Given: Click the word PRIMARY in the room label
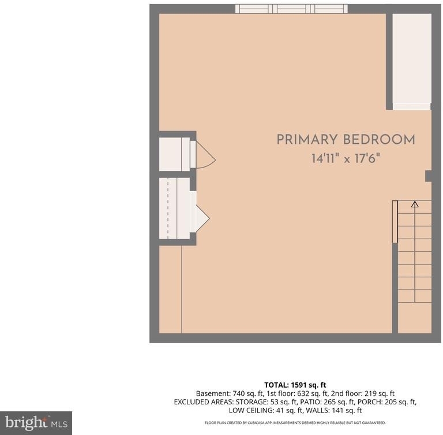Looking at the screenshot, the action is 307,140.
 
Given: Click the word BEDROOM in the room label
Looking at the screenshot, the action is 379,140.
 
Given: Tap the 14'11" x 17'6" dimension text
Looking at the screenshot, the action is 346,158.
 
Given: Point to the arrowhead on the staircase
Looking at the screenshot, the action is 415,204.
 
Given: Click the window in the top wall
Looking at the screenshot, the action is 291,9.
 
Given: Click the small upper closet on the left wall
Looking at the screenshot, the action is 174,154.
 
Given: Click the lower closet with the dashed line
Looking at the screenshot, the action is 174,209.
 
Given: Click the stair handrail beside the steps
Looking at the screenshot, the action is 395,222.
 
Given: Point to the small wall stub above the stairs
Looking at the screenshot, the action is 429,176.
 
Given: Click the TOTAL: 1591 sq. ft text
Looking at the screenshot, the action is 295,385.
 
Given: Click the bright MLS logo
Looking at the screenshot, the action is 36,423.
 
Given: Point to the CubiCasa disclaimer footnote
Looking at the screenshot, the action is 295,423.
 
